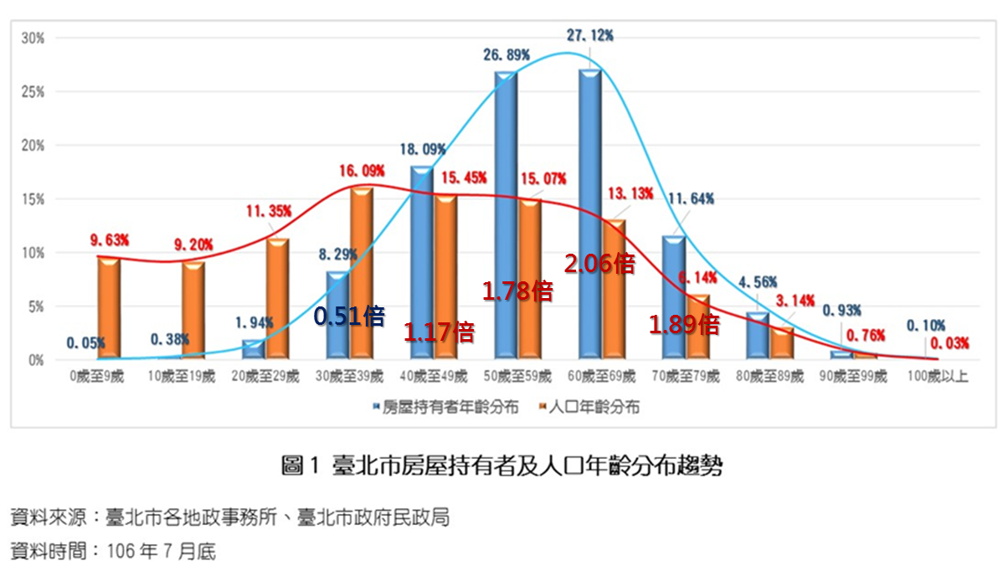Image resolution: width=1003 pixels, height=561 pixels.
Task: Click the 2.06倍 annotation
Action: click(599, 264)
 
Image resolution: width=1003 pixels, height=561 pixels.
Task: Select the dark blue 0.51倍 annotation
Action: click(349, 317)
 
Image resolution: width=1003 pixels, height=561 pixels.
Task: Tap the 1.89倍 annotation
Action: click(684, 325)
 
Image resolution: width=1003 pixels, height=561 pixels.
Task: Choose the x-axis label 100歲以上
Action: click(938, 377)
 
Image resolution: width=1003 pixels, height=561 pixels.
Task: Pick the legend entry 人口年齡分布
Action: click(591, 408)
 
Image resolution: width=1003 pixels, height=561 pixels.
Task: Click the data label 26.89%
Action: click(506, 54)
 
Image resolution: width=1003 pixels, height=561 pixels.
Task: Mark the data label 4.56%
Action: click(758, 281)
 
